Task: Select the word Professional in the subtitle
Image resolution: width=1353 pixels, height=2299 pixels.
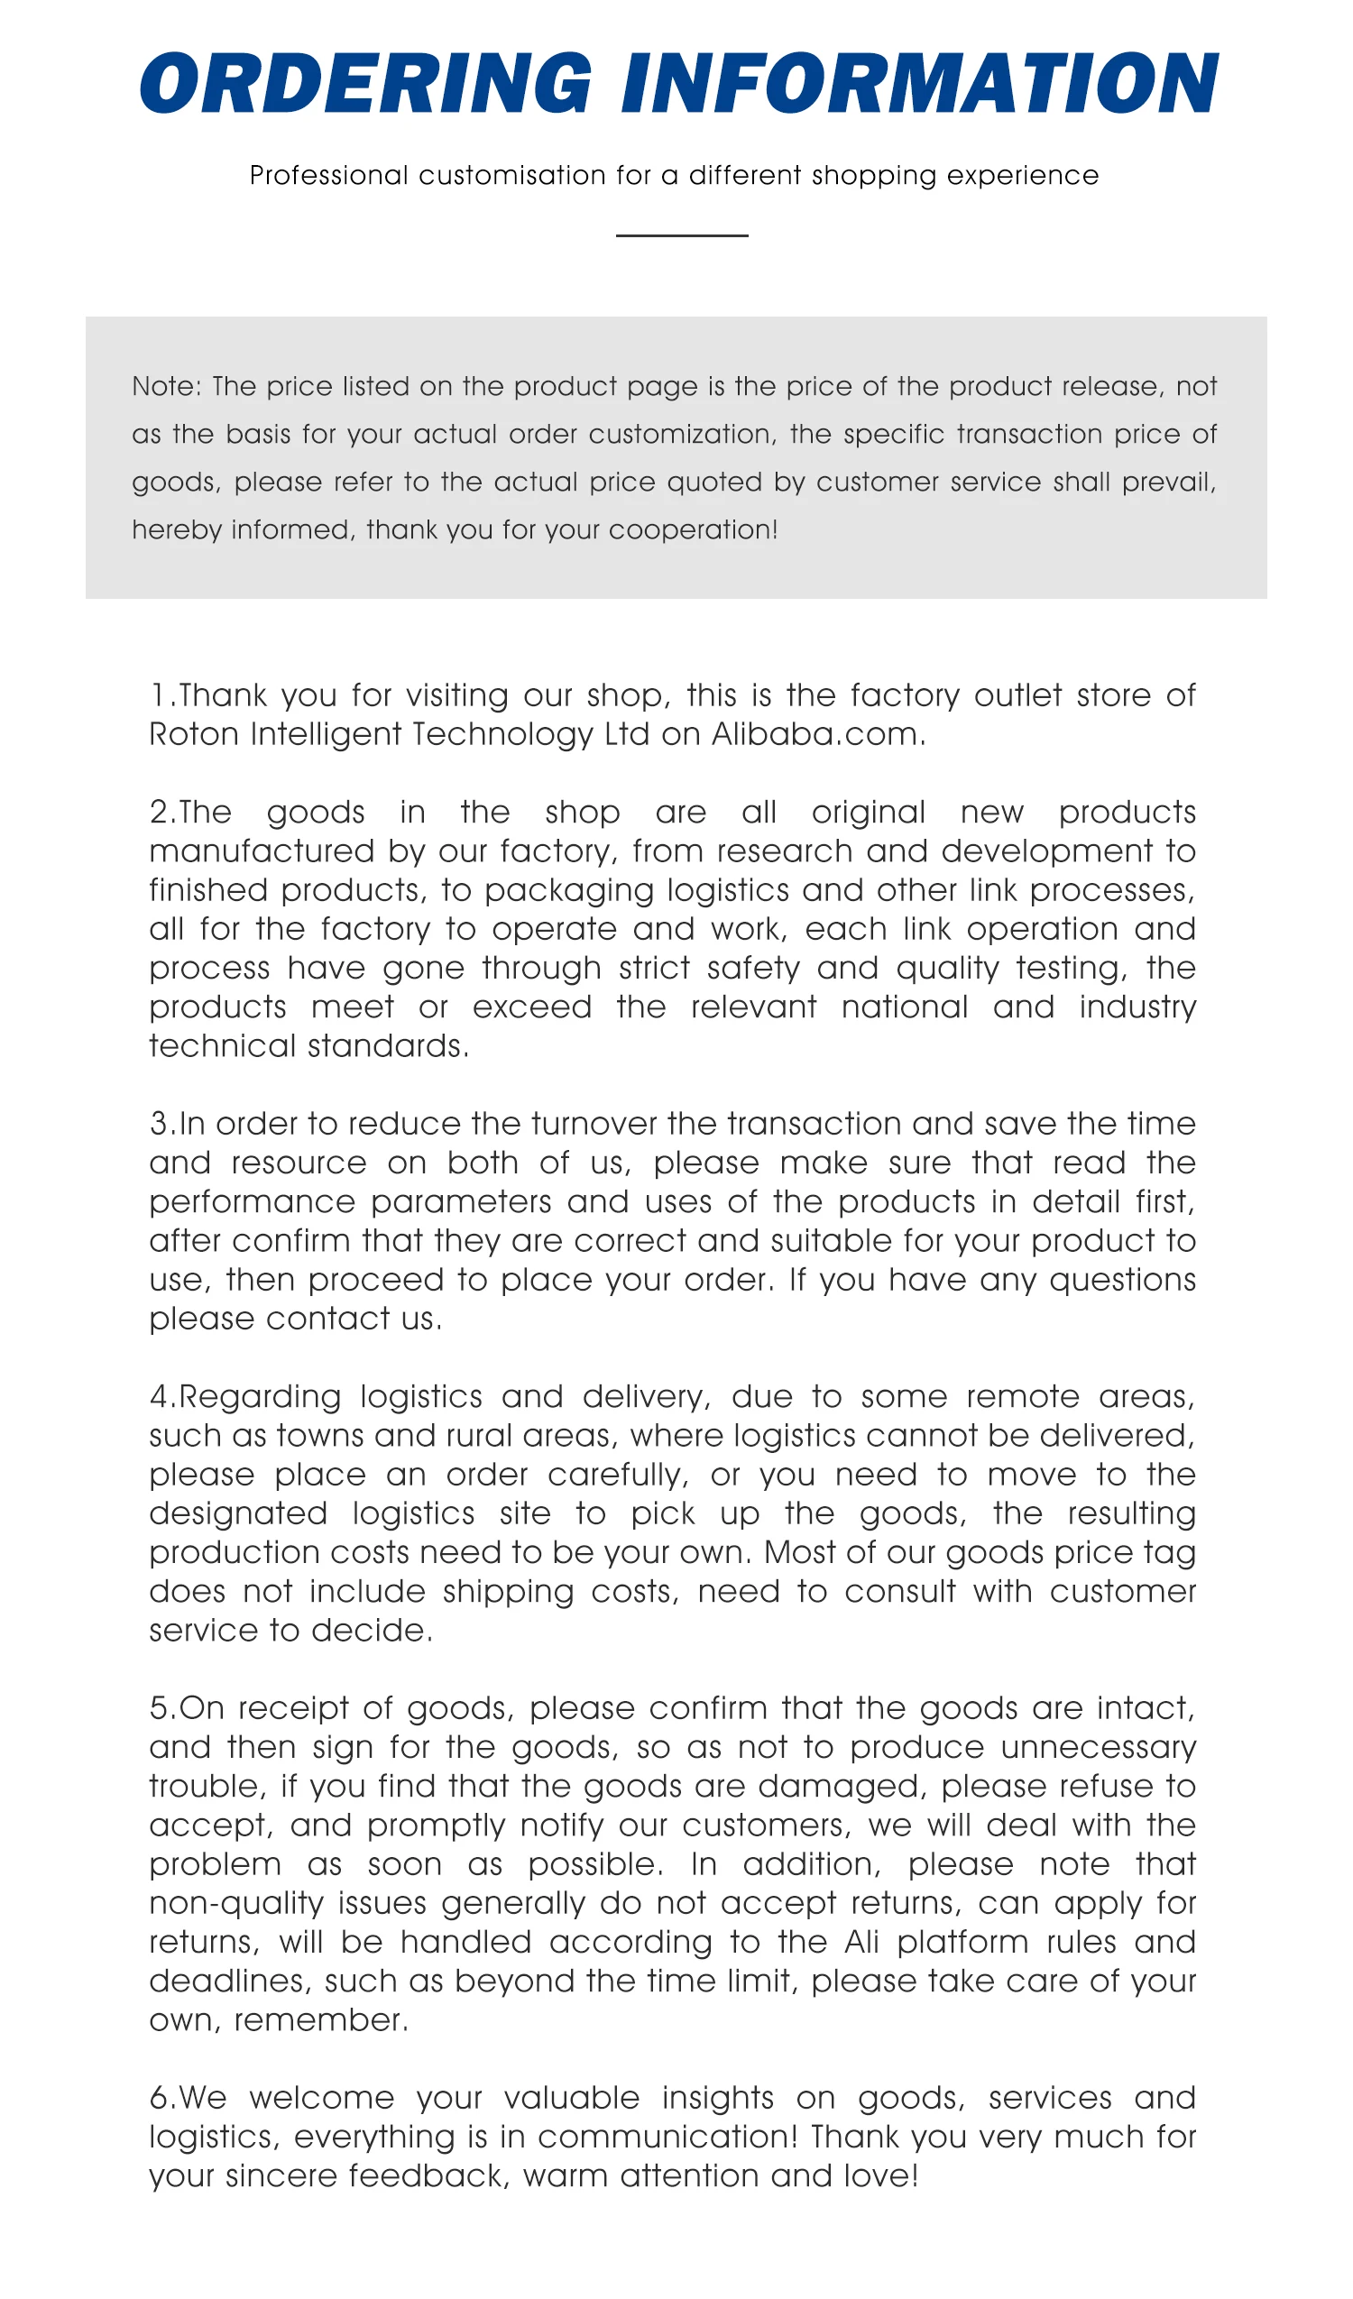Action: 328,175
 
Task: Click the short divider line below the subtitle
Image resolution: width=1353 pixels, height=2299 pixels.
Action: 682,235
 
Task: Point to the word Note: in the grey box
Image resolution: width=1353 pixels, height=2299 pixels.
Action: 166,386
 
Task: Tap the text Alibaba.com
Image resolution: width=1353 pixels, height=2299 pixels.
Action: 817,734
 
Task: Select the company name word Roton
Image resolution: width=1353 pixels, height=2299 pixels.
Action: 194,734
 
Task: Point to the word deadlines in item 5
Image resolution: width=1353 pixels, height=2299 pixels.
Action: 230,1981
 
